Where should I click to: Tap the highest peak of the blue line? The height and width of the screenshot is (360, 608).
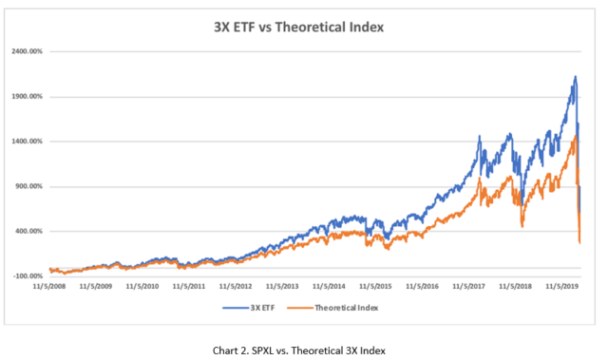click(x=575, y=77)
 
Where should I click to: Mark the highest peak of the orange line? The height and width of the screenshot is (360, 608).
click(x=576, y=136)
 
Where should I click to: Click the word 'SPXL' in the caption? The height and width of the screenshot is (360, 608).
click(x=268, y=349)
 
